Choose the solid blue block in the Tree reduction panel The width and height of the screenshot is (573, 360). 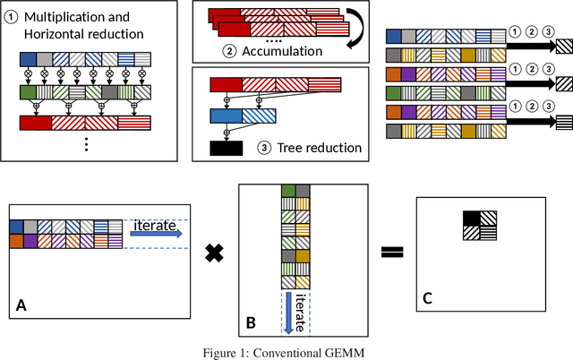point(225,116)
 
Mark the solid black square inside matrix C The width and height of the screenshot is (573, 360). point(471,218)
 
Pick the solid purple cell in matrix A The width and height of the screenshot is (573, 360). point(30,240)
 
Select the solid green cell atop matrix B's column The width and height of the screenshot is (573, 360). point(288,190)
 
